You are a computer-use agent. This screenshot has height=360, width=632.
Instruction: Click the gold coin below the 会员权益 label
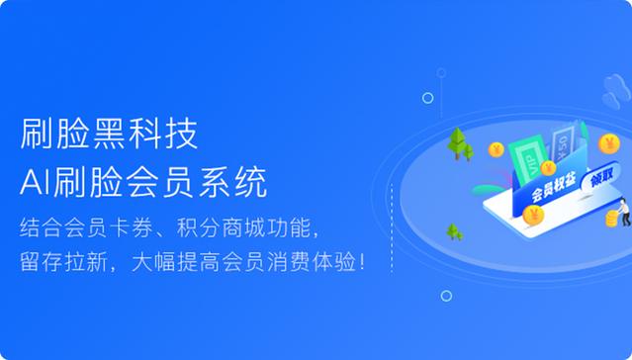tap(534, 216)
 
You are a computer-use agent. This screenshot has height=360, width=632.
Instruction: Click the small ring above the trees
tap(428, 98)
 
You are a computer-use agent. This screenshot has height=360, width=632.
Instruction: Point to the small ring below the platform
tap(447, 296)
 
